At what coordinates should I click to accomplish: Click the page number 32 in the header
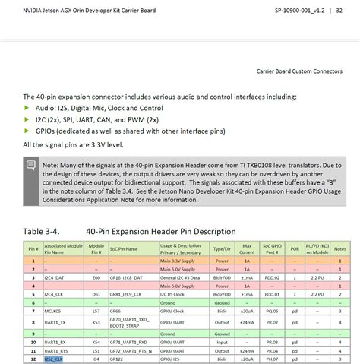[x=339, y=11]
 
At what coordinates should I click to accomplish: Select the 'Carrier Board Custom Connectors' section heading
[x=299, y=72]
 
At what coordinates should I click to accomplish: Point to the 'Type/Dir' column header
[x=222, y=248]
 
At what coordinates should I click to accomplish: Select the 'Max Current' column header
[x=247, y=248]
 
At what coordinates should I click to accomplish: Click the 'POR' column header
[x=294, y=248]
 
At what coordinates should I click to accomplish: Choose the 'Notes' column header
[x=341, y=248]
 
